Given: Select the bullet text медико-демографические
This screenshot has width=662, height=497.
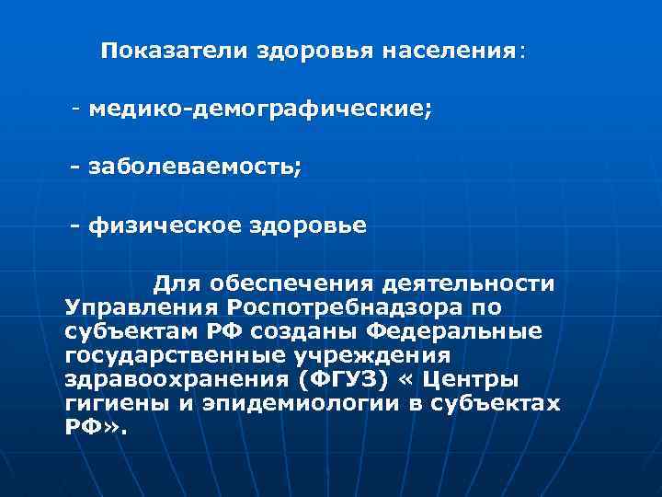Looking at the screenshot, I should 259,110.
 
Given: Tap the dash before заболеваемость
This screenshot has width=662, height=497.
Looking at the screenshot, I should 75,168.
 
